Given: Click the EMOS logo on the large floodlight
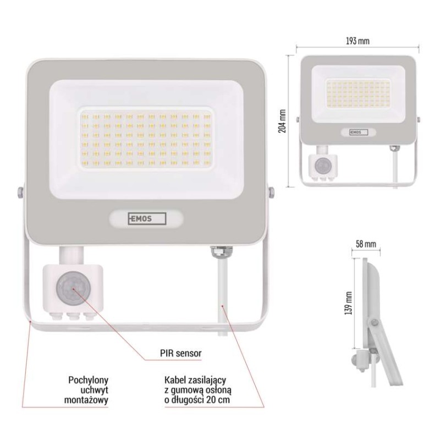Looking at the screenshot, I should coord(146,218).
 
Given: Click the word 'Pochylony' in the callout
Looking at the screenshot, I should coord(88,380).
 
